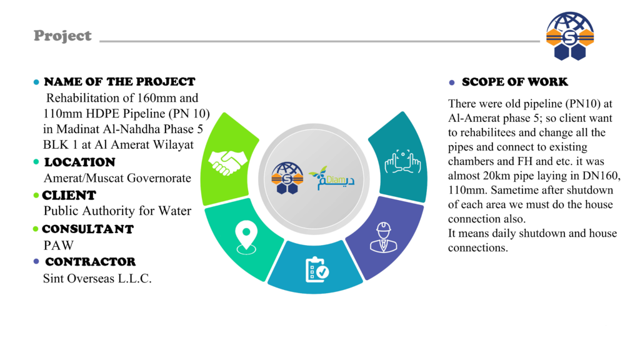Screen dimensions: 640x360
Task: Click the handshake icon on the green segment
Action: (227, 162)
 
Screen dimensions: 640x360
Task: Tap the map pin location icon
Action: (246, 237)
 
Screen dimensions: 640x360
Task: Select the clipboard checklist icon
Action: (317, 269)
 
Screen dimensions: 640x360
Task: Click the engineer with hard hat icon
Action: (383, 237)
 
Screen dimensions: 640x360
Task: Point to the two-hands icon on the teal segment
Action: (403, 162)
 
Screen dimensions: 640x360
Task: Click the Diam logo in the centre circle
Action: (332, 178)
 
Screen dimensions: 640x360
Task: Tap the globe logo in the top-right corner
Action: (570, 36)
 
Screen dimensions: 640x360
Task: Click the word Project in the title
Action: (62, 36)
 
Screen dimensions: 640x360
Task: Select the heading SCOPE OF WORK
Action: (515, 82)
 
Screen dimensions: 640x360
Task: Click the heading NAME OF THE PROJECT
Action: (119, 82)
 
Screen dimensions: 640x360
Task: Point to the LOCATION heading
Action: (79, 162)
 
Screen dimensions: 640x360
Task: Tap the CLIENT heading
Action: (69, 195)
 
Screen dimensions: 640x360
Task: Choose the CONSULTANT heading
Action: (87, 229)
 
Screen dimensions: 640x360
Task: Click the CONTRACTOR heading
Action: (90, 262)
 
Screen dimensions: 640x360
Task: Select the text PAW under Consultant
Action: (59, 245)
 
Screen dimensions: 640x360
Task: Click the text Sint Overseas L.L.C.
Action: (97, 278)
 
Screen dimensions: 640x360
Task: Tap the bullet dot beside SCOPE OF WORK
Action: (451, 82)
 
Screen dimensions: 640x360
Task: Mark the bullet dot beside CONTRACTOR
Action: (36, 262)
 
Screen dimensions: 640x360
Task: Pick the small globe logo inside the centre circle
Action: (287, 178)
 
